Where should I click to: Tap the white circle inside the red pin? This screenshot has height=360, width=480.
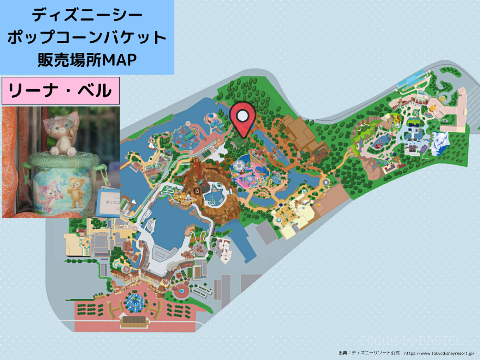pos(242,116)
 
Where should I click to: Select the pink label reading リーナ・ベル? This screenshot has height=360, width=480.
pos(60,91)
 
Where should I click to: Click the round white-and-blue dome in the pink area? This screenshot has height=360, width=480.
pos(238,166)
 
